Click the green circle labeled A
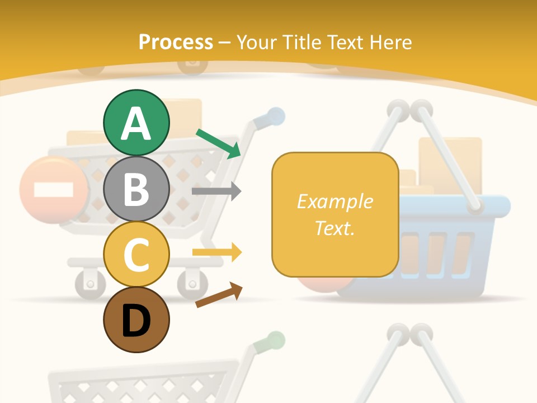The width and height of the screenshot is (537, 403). click(x=136, y=123)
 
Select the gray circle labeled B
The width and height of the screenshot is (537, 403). click(x=136, y=189)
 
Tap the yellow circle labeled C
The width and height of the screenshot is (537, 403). click(x=136, y=254)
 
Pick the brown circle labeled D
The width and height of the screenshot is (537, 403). click(x=136, y=320)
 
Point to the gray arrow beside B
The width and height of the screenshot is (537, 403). click(x=216, y=191)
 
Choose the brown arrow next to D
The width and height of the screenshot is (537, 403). click(x=219, y=295)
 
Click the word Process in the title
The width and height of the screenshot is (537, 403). click(x=176, y=42)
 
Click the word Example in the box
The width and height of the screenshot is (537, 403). click(x=335, y=201)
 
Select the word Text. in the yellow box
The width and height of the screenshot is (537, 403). click(x=335, y=228)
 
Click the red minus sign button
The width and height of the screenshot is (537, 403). click(x=53, y=190)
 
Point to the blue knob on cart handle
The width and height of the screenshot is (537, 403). click(x=275, y=116)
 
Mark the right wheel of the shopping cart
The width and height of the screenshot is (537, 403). click(x=192, y=282)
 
